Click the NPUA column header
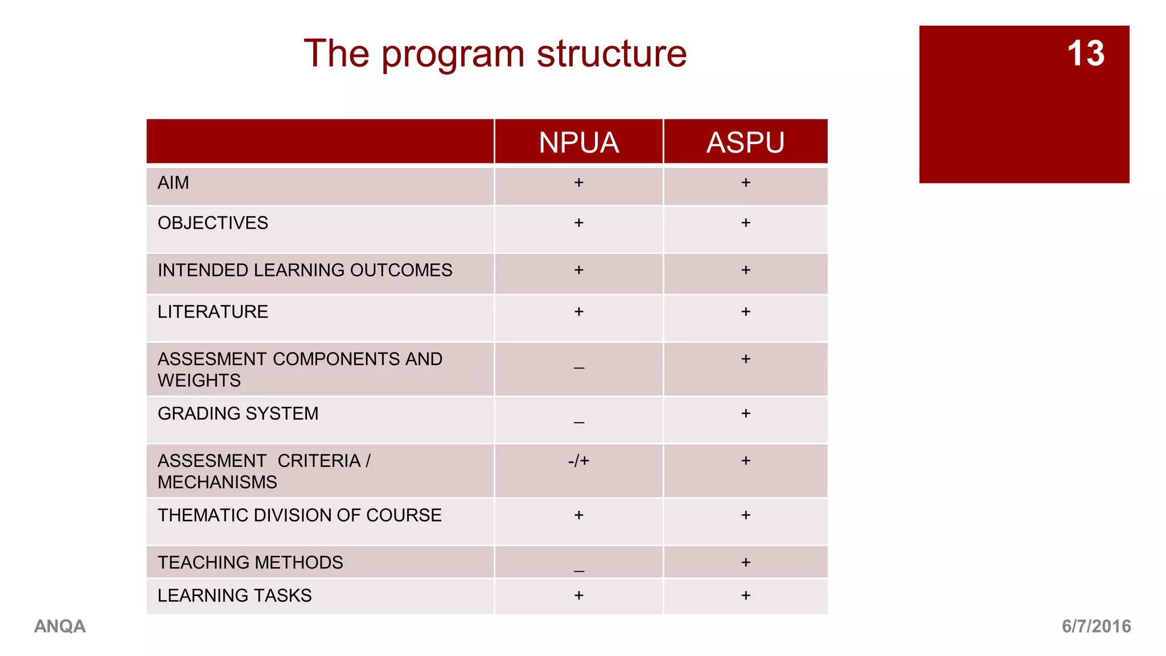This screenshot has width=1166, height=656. pyautogui.click(x=578, y=142)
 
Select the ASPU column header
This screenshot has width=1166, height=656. pyautogui.click(x=745, y=142)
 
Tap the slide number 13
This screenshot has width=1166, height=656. pyautogui.click(x=1085, y=54)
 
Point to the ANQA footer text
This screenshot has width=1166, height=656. pyautogui.click(x=60, y=626)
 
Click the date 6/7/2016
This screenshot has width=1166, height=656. pyautogui.click(x=1096, y=626)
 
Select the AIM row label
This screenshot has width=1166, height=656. pyautogui.click(x=173, y=183)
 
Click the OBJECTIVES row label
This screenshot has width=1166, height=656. pyautogui.click(x=212, y=223)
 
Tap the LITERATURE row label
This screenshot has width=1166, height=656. pyautogui.click(x=212, y=311)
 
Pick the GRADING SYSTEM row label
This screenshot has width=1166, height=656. pyautogui.click(x=238, y=413)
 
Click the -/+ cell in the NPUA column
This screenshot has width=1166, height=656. pyautogui.click(x=578, y=461)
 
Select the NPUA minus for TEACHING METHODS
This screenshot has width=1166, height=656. pyautogui.click(x=578, y=571)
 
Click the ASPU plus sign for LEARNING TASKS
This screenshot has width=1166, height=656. pyautogui.click(x=746, y=596)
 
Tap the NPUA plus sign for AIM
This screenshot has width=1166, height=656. pyautogui.click(x=578, y=183)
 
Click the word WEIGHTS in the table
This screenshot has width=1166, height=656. pyautogui.click(x=199, y=380)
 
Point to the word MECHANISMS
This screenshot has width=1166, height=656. pyautogui.click(x=217, y=482)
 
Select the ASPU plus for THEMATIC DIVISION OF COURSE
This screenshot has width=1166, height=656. pyautogui.click(x=746, y=515)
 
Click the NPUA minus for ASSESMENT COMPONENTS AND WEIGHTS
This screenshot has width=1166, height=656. pyautogui.click(x=578, y=368)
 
